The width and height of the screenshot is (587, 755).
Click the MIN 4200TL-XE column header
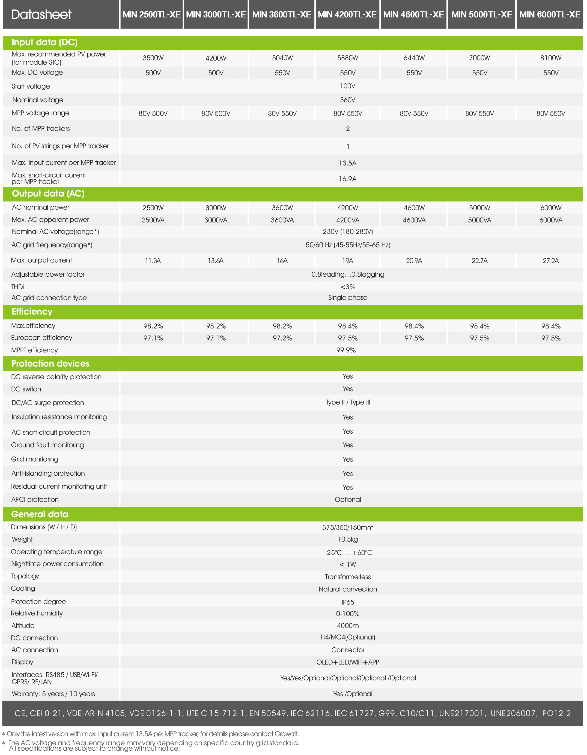coord(347,14)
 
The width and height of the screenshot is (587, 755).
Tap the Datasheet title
coord(41,14)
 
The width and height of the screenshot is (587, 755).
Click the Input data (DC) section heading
coord(44,42)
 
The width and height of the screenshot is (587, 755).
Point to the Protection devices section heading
coord(50,363)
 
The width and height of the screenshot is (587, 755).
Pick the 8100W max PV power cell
coord(551,58)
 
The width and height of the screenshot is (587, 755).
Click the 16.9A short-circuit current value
coord(347,179)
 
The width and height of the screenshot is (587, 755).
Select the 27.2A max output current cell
coord(551,261)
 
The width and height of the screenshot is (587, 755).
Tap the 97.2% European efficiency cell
coord(282,338)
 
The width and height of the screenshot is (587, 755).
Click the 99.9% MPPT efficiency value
coord(346,350)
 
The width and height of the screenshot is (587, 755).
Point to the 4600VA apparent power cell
coord(414,220)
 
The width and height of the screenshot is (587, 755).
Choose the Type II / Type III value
coord(348,402)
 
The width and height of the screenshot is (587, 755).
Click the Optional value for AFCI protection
coord(348,500)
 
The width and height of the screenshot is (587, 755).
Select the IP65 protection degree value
coord(348,602)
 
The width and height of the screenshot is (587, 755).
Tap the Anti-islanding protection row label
coord(48,474)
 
